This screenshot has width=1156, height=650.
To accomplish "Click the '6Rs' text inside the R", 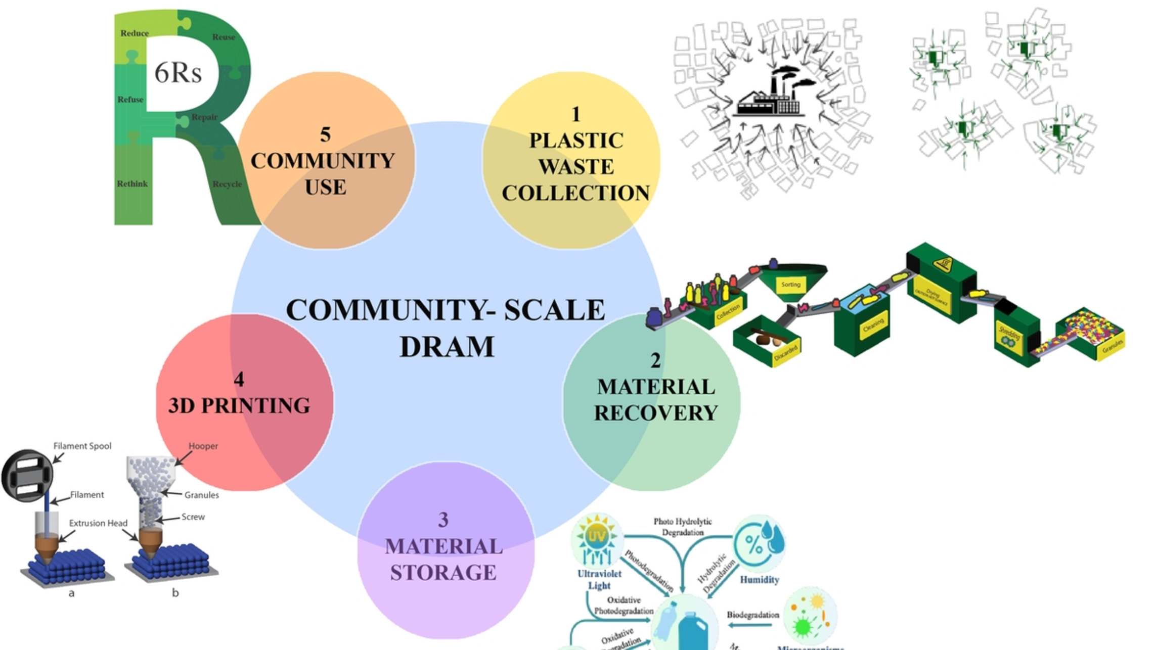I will click(x=178, y=72).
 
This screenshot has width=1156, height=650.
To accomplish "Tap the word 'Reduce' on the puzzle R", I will click(x=135, y=33).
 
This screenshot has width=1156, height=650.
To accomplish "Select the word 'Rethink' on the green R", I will click(x=132, y=184).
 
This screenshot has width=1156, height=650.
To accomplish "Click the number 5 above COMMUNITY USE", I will click(x=325, y=134).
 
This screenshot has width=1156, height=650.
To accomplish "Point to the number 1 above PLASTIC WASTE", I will click(x=575, y=114).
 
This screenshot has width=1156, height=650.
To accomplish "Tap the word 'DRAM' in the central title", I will click(x=447, y=347).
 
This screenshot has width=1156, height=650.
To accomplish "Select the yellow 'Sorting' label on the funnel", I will click(x=790, y=285).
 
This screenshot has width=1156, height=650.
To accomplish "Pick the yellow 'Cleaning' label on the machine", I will click(x=873, y=328).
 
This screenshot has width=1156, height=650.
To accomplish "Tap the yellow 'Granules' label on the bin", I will click(x=1112, y=347).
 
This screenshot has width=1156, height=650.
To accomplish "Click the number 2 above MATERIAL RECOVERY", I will click(x=655, y=360).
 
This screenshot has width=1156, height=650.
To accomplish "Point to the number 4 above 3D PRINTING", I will click(x=239, y=379).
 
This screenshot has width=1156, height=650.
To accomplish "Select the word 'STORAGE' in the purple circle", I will click(x=443, y=573).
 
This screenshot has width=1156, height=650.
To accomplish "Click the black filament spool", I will click(x=27, y=476).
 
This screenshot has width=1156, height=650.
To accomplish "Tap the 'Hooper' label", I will click(x=203, y=446).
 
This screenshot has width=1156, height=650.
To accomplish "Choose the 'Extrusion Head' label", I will click(x=98, y=523).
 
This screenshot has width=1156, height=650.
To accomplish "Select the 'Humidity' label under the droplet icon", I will click(x=759, y=580).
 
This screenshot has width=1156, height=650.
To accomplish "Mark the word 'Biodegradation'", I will click(x=752, y=615).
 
